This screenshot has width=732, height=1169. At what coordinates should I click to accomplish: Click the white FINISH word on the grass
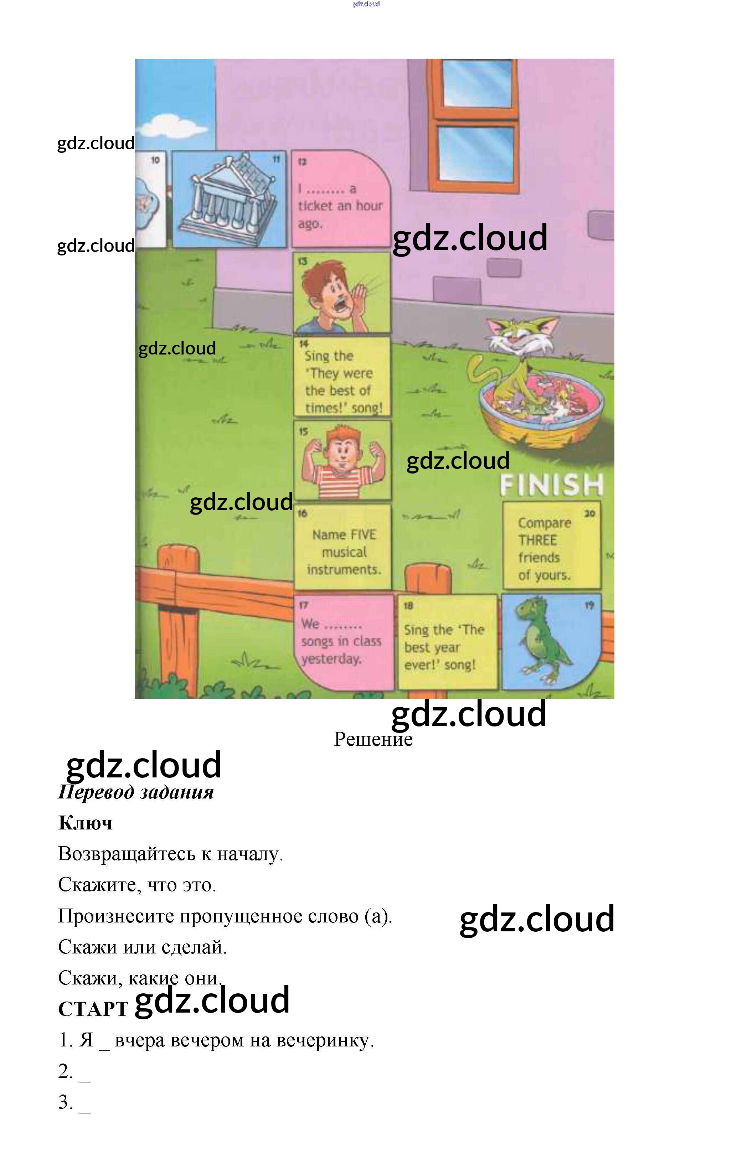pyautogui.click(x=551, y=485)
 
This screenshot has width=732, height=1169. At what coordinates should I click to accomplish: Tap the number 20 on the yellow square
pyautogui.click(x=589, y=513)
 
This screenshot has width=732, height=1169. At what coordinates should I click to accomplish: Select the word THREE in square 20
pyautogui.click(x=537, y=540)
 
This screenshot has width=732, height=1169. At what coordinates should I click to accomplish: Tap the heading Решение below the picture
pyautogui.click(x=373, y=739)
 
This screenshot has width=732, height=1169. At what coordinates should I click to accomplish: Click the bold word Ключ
pyautogui.click(x=85, y=823)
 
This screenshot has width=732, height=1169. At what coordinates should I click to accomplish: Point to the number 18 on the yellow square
pyautogui.click(x=408, y=605)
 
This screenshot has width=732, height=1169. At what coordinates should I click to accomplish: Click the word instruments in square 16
pyautogui.click(x=344, y=569)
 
